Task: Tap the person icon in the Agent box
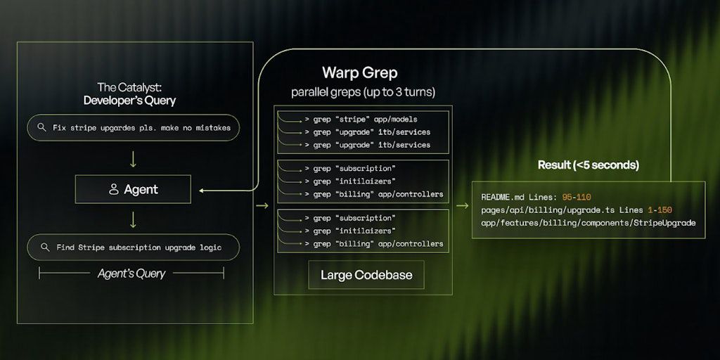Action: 113,189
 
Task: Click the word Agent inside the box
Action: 141,189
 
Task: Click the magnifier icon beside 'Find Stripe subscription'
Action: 44,247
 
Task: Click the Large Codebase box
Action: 366,275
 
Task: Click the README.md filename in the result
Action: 503,198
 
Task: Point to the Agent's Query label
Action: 131,274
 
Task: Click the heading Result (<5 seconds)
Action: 588,165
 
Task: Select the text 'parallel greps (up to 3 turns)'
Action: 363,92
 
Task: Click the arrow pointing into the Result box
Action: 463,206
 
